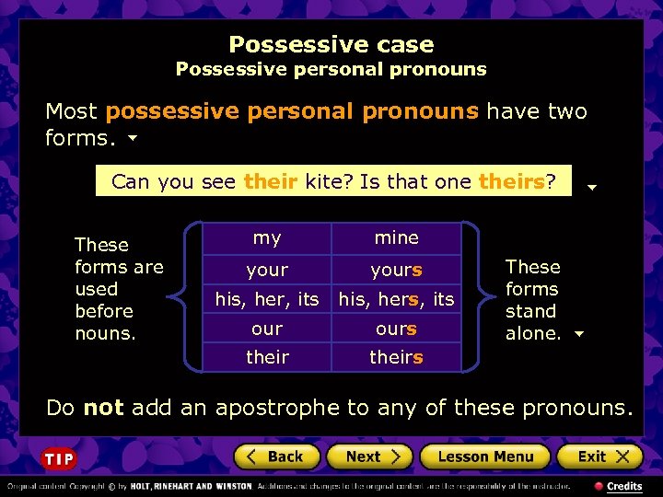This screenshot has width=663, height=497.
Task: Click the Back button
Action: click(x=277, y=457)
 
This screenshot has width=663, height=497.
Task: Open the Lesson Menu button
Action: click(x=485, y=457)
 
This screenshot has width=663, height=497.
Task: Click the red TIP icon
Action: click(x=59, y=458)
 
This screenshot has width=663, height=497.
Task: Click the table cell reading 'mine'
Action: click(x=396, y=238)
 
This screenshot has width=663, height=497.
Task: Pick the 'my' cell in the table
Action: click(x=267, y=238)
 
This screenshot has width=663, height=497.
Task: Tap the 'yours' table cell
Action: click(x=396, y=271)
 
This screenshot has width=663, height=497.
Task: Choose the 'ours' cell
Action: click(x=396, y=329)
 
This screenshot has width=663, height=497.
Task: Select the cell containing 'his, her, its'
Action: click(x=267, y=299)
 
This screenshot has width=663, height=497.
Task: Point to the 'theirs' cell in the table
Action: click(x=396, y=357)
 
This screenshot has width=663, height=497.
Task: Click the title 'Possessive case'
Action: click(x=331, y=44)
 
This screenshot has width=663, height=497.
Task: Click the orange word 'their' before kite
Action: click(x=270, y=181)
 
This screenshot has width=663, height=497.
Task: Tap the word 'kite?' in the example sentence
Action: click(x=329, y=181)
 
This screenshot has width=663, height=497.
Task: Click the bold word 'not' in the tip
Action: click(x=103, y=407)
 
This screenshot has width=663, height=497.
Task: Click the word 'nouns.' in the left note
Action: click(x=105, y=333)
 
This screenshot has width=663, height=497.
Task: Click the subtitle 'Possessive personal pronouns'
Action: click(x=331, y=69)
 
